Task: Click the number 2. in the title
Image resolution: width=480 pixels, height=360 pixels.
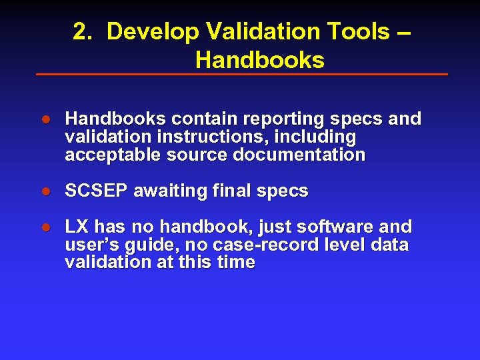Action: tap(83, 31)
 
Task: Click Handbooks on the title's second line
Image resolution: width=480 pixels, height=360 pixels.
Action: tap(259, 61)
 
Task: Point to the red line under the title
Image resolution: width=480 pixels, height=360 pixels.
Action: tap(241, 74)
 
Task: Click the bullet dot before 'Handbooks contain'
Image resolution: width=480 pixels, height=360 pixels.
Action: tap(47, 120)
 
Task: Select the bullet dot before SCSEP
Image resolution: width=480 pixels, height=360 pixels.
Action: tap(47, 192)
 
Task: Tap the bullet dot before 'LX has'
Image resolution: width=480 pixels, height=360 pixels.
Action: tap(47, 227)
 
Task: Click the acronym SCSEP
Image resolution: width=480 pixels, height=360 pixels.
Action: tap(97, 191)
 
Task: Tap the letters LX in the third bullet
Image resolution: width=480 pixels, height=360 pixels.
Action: tap(76, 227)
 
